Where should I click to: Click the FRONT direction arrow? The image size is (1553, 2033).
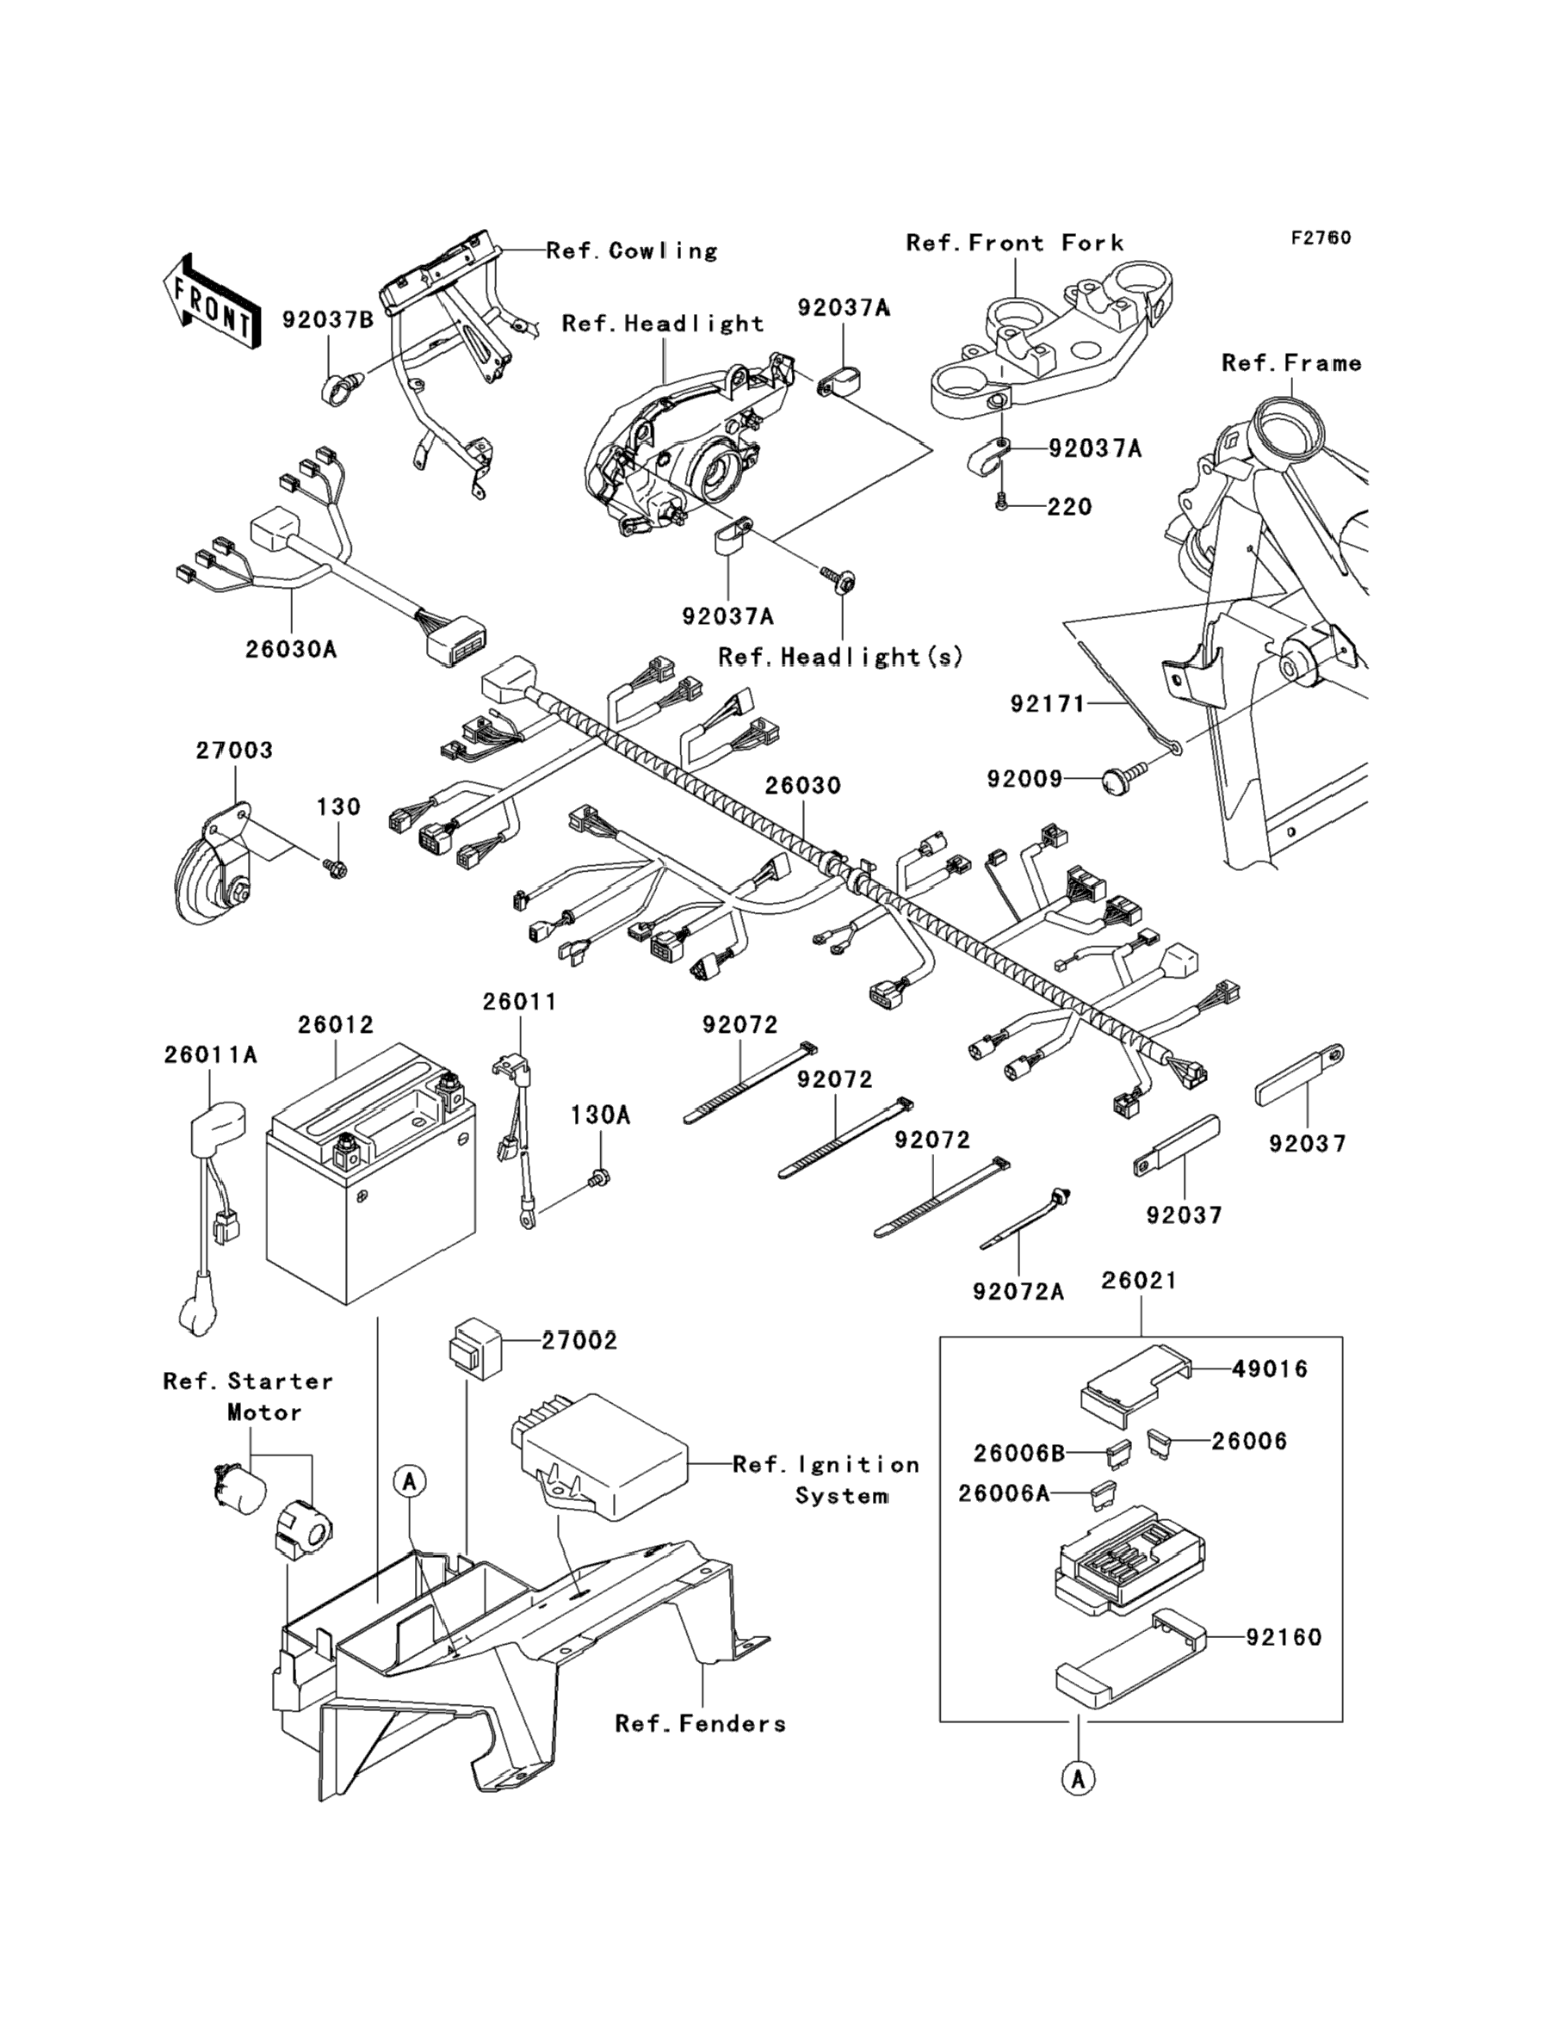211,302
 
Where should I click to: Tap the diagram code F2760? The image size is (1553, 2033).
1321,238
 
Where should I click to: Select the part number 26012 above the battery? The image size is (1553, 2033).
336,1025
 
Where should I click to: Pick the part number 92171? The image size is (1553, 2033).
1048,704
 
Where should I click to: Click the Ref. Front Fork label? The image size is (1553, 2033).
1015,243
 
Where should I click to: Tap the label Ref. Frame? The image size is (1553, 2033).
1291,363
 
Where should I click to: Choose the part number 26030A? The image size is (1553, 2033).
291,650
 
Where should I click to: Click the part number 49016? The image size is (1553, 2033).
1270,1369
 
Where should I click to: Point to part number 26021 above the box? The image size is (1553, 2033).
1140,1281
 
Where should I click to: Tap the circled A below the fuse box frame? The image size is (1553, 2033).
1078,1777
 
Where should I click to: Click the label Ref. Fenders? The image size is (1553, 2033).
701,1723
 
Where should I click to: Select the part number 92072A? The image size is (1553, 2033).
1018,1291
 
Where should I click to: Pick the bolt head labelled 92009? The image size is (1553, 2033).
1117,782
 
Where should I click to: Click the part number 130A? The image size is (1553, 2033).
600,1115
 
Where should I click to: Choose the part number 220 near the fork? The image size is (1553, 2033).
1069,506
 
